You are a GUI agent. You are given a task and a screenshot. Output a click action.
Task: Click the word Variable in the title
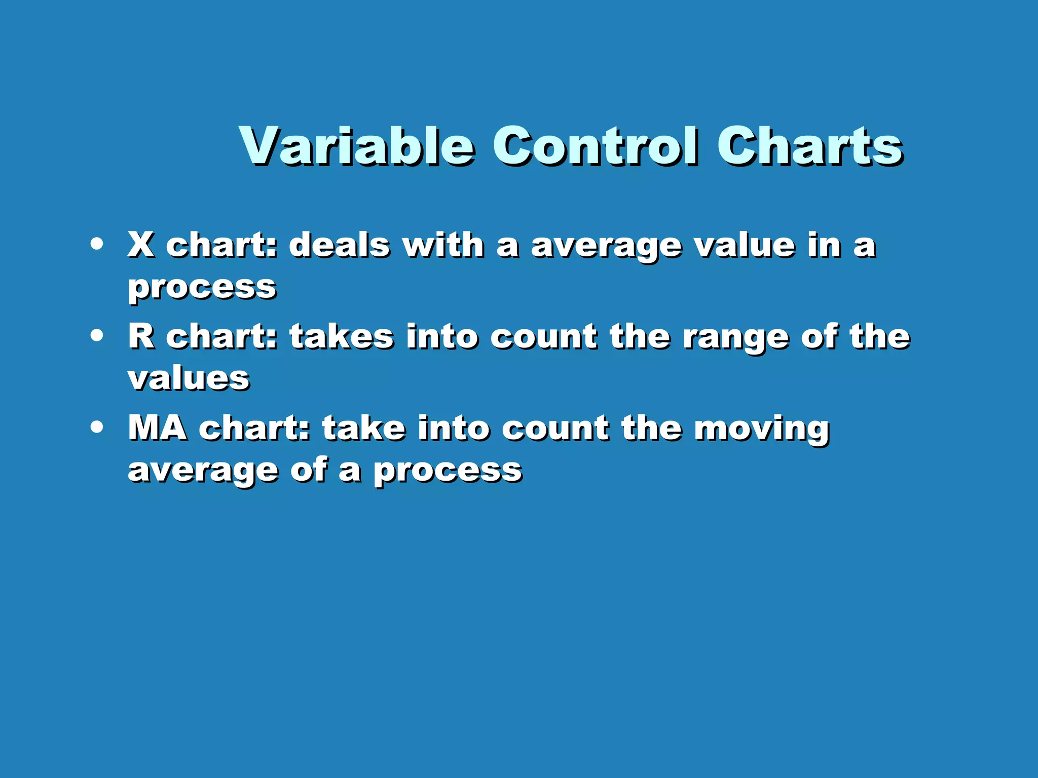click(x=357, y=146)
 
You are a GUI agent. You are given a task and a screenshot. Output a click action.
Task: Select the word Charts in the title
click(x=809, y=146)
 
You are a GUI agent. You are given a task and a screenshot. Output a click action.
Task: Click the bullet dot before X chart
click(x=96, y=244)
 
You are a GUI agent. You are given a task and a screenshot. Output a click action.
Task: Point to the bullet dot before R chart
click(x=96, y=336)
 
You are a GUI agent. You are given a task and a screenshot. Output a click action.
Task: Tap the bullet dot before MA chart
click(x=96, y=427)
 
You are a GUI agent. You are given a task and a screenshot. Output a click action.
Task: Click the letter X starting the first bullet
click(x=141, y=245)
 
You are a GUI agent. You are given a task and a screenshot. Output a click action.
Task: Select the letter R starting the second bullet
click(x=141, y=336)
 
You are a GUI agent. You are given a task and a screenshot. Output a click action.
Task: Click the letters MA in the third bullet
click(x=158, y=428)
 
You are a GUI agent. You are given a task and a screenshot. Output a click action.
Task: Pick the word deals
click(x=340, y=245)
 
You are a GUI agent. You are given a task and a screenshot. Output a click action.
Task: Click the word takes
click(x=342, y=336)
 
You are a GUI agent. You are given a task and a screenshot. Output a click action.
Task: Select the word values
click(x=189, y=379)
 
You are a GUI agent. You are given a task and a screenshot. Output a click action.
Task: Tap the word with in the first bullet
click(x=443, y=245)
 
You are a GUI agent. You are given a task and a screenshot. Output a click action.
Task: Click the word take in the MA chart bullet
click(x=364, y=428)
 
